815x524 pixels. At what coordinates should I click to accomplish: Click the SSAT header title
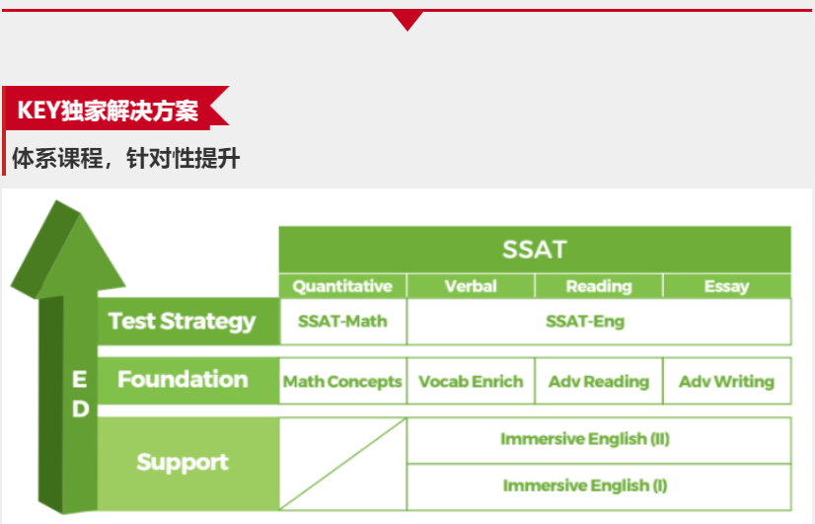coord(535,250)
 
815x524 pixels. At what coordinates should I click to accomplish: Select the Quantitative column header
coord(342,286)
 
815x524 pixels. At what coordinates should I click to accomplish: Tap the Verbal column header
coord(471,286)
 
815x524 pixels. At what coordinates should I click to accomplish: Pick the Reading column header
coord(599,286)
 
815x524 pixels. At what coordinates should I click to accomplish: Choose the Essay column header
coord(726,286)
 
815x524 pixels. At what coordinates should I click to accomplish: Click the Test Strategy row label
coord(182,322)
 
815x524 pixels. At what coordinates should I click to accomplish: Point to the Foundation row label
coord(183,380)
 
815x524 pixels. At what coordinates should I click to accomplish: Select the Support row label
coord(183,462)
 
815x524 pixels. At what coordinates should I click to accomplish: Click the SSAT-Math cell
coord(342,322)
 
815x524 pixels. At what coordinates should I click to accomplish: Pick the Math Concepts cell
coord(342,382)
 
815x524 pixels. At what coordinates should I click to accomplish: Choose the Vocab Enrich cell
coord(471,382)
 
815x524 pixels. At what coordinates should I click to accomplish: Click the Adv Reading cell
coord(599,382)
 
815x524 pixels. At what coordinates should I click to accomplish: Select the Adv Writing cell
coord(726,382)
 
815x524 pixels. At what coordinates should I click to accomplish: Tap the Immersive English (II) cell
coord(585,439)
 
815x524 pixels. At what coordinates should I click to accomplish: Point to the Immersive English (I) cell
coord(585,486)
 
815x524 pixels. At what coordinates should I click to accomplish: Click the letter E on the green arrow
coord(80,380)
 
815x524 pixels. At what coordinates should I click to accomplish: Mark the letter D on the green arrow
coord(80,410)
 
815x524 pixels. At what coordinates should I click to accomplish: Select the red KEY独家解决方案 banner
coord(116,109)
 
